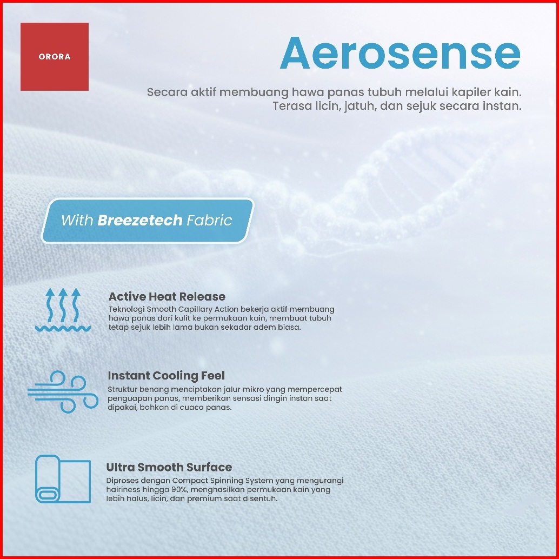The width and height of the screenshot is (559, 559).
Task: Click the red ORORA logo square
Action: [x=55, y=57]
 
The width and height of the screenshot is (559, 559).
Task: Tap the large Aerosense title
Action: [x=401, y=54]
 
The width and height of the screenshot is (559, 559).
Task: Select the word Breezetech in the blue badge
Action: [x=140, y=221]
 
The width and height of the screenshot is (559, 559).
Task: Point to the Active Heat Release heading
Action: [x=167, y=297]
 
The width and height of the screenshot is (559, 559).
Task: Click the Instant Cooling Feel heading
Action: [x=166, y=376]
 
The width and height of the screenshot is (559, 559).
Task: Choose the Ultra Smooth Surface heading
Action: [x=169, y=468]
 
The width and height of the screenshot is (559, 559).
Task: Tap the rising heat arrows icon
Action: [x=63, y=310]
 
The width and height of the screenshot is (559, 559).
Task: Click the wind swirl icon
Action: [x=63, y=392]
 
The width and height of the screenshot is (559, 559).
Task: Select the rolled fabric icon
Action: [x=63, y=479]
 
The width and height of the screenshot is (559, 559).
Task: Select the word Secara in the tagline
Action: [x=167, y=92]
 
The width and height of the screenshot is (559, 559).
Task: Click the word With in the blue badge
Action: [x=77, y=221]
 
